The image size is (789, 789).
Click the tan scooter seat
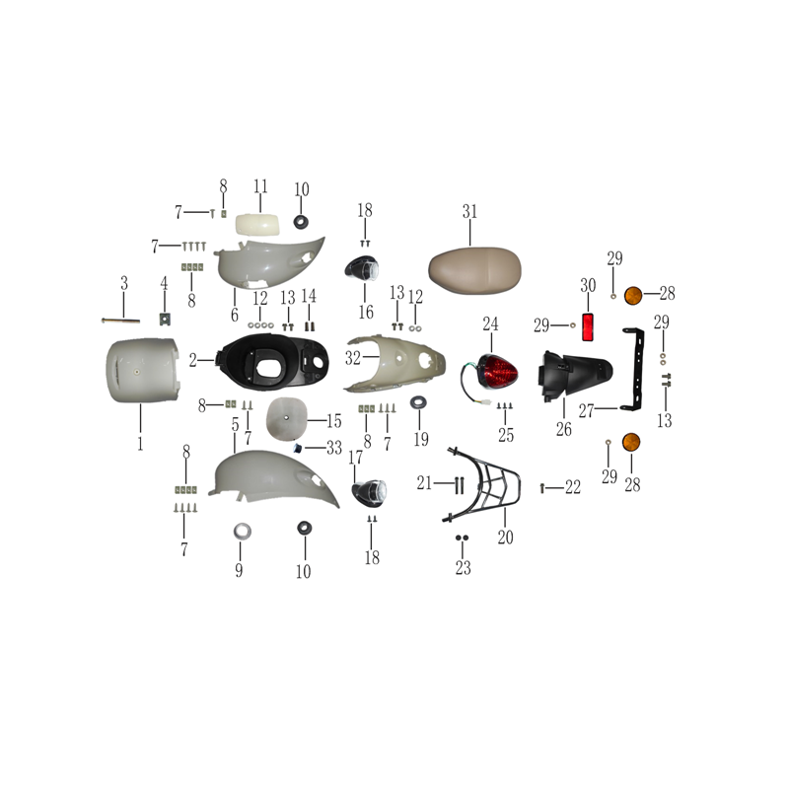tap(474, 270)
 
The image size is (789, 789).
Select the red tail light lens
tap(497, 372)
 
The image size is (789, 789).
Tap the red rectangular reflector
tap(587, 327)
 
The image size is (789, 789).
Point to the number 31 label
tap(469, 212)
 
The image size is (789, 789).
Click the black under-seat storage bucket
tap(272, 362)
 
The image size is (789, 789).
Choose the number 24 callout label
tap(490, 324)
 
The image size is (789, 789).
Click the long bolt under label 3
tap(120, 321)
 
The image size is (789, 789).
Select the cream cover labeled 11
tap(257, 224)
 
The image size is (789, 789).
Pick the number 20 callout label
tap(506, 538)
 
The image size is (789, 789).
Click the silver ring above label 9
tap(242, 532)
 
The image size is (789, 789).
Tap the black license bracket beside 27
tap(634, 369)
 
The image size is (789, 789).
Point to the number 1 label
tap(140, 444)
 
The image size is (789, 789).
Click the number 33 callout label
tap(334, 448)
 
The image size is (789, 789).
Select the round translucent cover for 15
tap(286, 418)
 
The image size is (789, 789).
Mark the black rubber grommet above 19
tap(418, 402)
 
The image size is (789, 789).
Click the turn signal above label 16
tap(362, 268)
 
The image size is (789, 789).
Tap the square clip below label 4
tap(164, 319)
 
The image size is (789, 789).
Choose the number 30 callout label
tap(588, 286)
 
